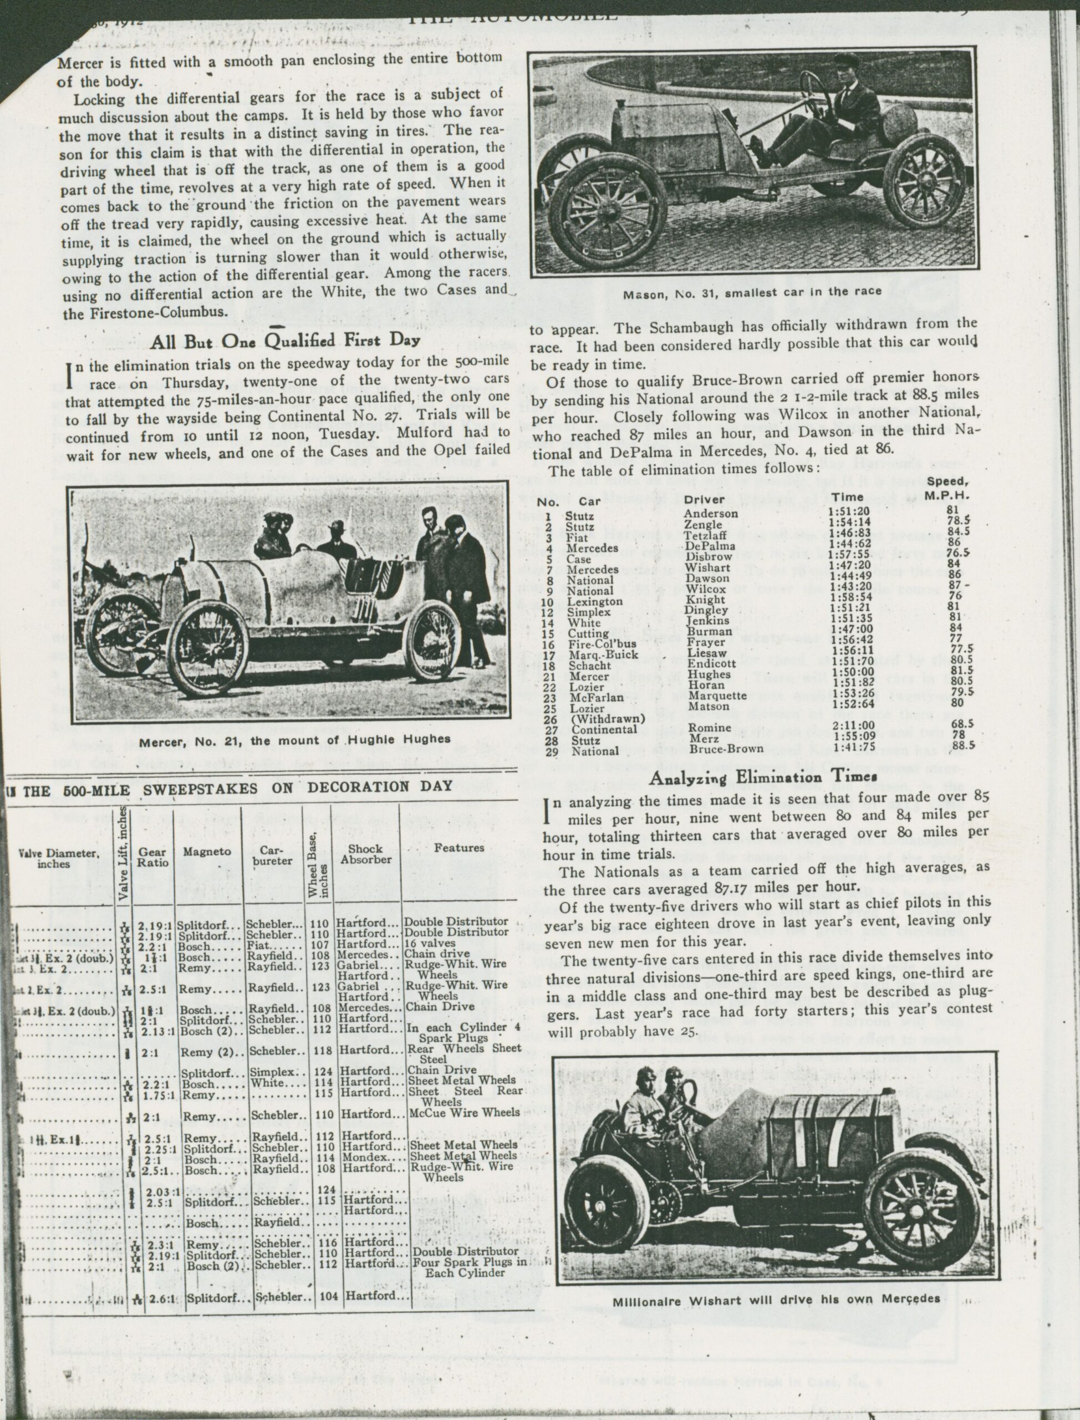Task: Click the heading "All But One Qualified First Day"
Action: click(286, 342)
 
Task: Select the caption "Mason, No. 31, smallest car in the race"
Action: click(753, 292)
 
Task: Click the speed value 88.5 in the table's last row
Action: click(960, 746)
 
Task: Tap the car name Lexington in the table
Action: click(595, 602)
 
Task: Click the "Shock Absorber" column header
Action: click(366, 854)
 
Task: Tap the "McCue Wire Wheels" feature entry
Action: click(463, 1112)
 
